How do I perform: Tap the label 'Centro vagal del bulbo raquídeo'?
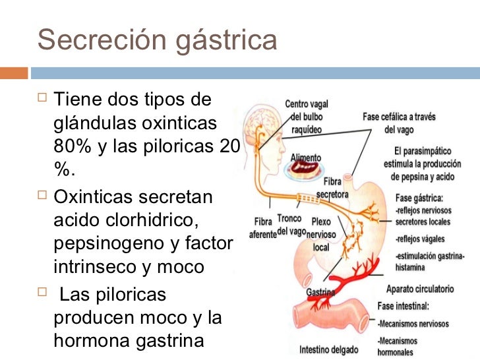coord(307,117)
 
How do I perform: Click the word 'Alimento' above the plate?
coord(307,158)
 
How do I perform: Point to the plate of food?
coord(307,170)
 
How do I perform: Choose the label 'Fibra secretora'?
coord(333,188)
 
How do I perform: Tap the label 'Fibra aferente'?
coord(262,227)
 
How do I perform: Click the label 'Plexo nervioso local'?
coord(321,235)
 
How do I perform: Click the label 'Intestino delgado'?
coord(329,348)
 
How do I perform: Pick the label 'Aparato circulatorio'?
coord(419,289)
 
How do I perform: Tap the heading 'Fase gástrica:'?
coord(419,197)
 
